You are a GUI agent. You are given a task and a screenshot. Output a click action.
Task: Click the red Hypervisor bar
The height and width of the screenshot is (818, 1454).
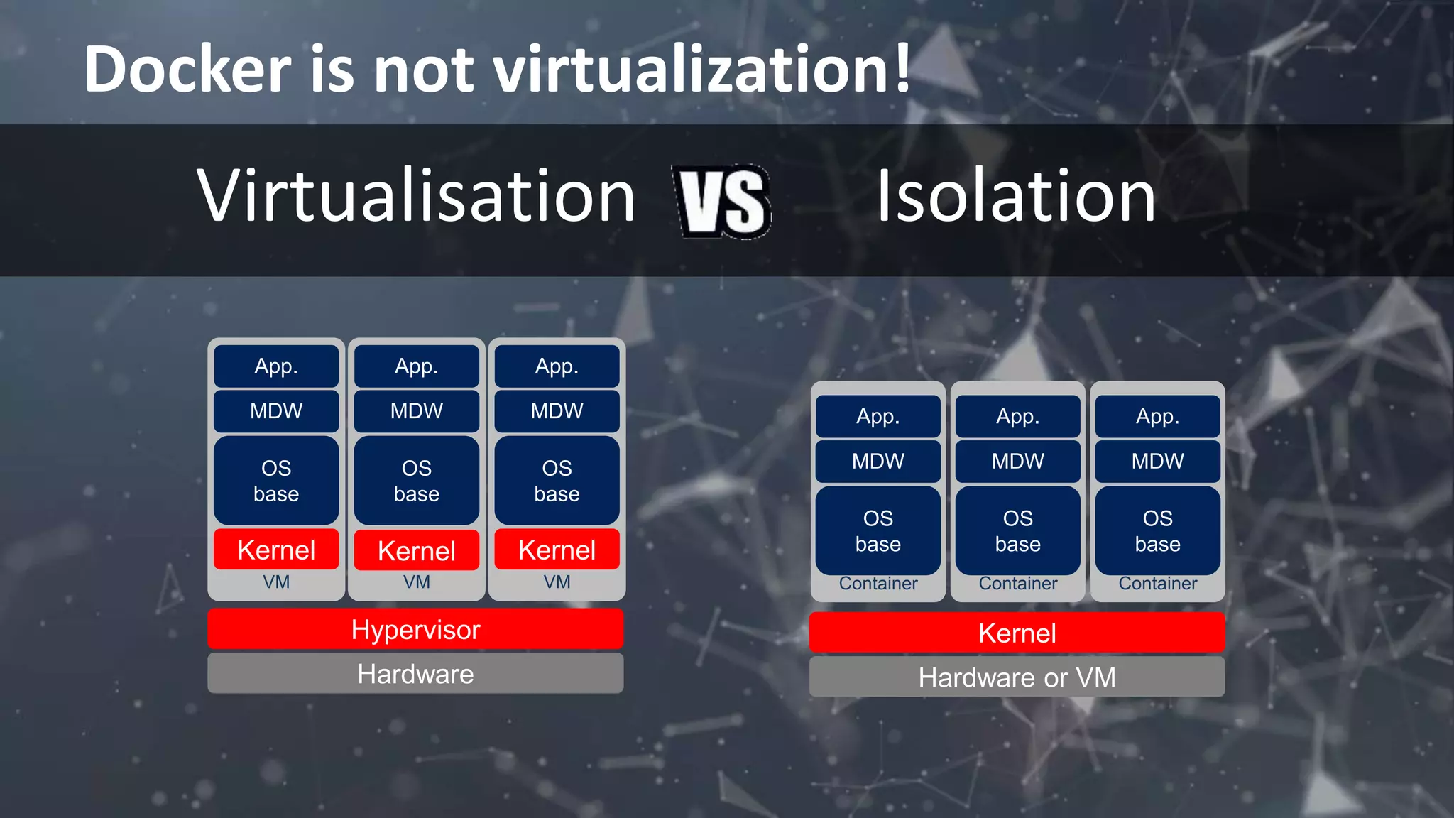(415, 629)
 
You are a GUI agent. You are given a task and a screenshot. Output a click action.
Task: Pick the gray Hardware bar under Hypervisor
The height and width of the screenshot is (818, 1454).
(415, 673)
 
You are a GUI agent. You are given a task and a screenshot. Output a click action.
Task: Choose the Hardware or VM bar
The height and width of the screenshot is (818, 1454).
(1017, 677)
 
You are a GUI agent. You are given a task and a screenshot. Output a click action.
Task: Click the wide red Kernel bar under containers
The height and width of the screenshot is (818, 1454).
(1017, 633)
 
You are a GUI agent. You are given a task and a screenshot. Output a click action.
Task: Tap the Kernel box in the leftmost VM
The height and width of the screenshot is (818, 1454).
(276, 550)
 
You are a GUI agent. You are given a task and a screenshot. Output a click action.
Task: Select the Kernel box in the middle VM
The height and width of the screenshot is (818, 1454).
(417, 550)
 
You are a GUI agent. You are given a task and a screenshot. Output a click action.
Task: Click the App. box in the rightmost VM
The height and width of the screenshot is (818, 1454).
(557, 366)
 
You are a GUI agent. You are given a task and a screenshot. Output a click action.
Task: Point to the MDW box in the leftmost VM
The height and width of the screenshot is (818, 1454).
(276, 411)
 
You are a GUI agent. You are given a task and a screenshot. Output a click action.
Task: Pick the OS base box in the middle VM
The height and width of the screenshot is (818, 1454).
(417, 481)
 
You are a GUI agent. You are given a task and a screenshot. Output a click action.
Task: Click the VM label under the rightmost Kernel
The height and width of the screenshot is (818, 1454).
(557, 582)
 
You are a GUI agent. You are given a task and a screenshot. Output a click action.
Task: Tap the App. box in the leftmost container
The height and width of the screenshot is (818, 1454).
(878, 416)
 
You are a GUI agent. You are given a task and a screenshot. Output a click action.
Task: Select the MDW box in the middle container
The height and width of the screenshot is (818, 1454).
(1017, 461)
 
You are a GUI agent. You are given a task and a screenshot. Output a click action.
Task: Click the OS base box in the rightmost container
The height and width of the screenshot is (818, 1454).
(1157, 530)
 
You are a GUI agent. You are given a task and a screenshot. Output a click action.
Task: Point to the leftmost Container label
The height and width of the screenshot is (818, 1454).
(878, 584)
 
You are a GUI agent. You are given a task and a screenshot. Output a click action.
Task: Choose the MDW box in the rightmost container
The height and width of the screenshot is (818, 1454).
(1157, 461)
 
